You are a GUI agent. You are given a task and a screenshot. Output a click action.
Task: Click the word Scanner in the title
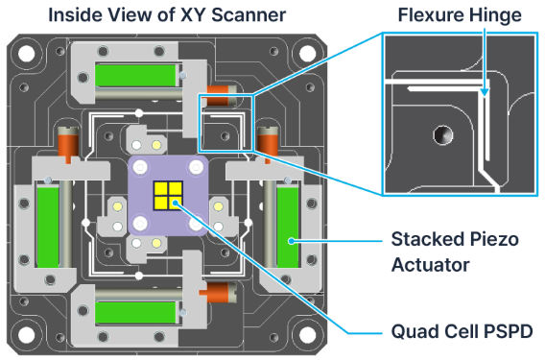point(249,15)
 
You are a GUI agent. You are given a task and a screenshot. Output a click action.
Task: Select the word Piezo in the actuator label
point(494,239)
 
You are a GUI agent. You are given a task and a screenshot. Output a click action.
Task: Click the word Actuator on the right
point(430,265)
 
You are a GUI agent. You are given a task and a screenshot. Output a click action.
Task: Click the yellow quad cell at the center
point(168,196)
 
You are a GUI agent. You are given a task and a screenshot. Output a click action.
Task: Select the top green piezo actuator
point(136,76)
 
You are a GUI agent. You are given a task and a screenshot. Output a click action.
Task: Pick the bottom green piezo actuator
point(136,312)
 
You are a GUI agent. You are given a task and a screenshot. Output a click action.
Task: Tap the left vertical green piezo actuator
point(48,228)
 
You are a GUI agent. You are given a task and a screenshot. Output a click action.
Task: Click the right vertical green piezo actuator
point(288,228)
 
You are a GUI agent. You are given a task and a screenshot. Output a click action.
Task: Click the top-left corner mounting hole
point(27,54)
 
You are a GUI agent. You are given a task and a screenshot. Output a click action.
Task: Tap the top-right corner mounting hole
point(308,54)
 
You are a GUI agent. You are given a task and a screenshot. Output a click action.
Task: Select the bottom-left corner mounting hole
point(27,335)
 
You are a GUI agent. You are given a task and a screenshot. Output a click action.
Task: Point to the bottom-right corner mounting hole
point(308,335)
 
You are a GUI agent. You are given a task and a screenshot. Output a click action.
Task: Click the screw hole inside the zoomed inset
point(443,135)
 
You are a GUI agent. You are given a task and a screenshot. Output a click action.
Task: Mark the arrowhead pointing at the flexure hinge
point(485,92)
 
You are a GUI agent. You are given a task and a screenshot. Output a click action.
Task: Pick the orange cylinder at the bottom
point(218,292)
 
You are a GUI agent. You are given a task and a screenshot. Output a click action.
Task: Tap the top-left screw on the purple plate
point(140,167)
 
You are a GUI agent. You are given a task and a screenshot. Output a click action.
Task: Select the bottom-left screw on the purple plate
point(140,223)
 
